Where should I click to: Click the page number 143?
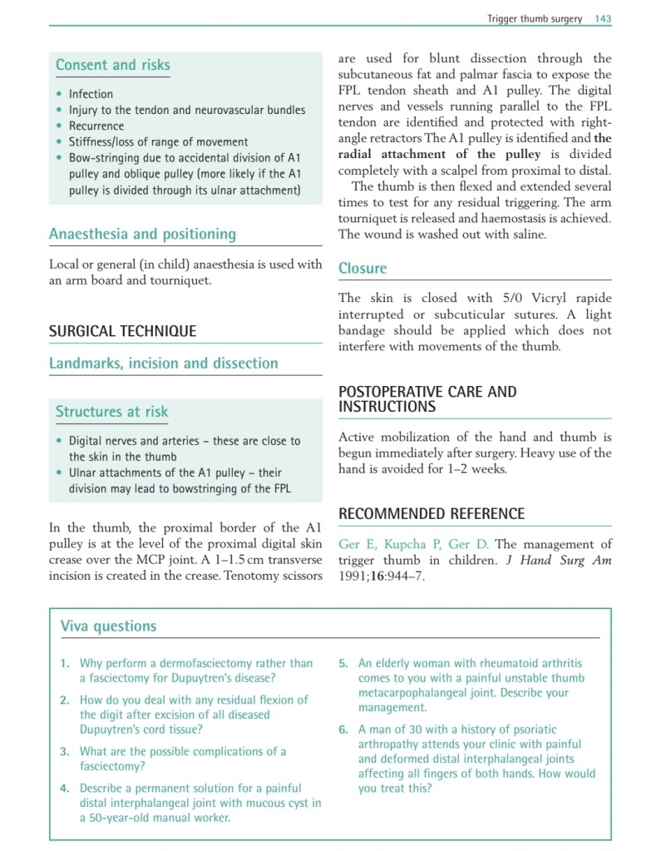(x=603, y=18)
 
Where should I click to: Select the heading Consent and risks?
(x=112, y=65)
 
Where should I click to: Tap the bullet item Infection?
(x=91, y=94)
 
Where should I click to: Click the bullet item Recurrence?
(x=96, y=126)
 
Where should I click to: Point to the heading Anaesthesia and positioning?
(x=142, y=234)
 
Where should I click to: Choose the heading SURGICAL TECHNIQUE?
(x=122, y=331)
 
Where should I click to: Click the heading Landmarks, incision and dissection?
(x=163, y=364)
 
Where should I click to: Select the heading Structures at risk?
(x=111, y=411)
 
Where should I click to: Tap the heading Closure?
(x=363, y=268)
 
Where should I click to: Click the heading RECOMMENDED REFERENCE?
(x=431, y=514)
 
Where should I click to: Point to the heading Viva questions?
(x=108, y=626)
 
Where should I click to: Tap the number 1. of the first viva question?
(x=65, y=663)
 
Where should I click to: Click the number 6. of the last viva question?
(x=343, y=730)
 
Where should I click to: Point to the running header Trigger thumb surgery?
(x=535, y=18)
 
